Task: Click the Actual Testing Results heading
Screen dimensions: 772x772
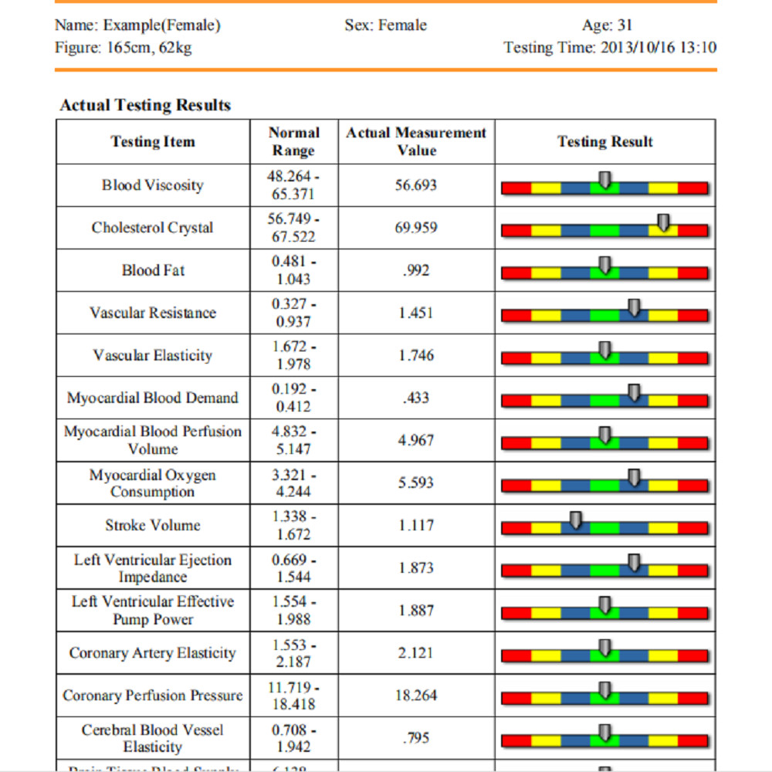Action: (145, 105)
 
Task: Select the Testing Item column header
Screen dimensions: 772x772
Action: (153, 142)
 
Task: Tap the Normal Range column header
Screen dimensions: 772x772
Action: (293, 142)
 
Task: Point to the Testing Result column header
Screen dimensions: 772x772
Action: (604, 142)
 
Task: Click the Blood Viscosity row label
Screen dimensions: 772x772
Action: (153, 185)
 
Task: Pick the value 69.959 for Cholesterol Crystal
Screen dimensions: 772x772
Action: (416, 228)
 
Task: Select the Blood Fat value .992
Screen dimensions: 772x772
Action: (416, 270)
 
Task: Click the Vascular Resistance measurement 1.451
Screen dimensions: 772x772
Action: (416, 313)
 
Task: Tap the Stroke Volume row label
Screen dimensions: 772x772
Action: (153, 525)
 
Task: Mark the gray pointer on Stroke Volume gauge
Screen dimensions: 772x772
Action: (575, 521)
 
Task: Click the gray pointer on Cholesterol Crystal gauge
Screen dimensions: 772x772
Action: (663, 223)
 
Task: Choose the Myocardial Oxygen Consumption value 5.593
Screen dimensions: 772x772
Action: (416, 482)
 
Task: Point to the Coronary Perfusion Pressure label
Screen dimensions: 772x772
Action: (153, 696)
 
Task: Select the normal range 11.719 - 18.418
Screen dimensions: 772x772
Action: (293, 696)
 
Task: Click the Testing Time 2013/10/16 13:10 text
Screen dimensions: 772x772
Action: (610, 48)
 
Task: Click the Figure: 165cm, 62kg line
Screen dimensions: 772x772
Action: (124, 48)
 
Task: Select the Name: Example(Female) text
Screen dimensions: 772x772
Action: (137, 25)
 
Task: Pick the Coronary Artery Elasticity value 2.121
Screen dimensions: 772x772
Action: (416, 653)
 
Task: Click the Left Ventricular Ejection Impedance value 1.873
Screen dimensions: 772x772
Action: (416, 568)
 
